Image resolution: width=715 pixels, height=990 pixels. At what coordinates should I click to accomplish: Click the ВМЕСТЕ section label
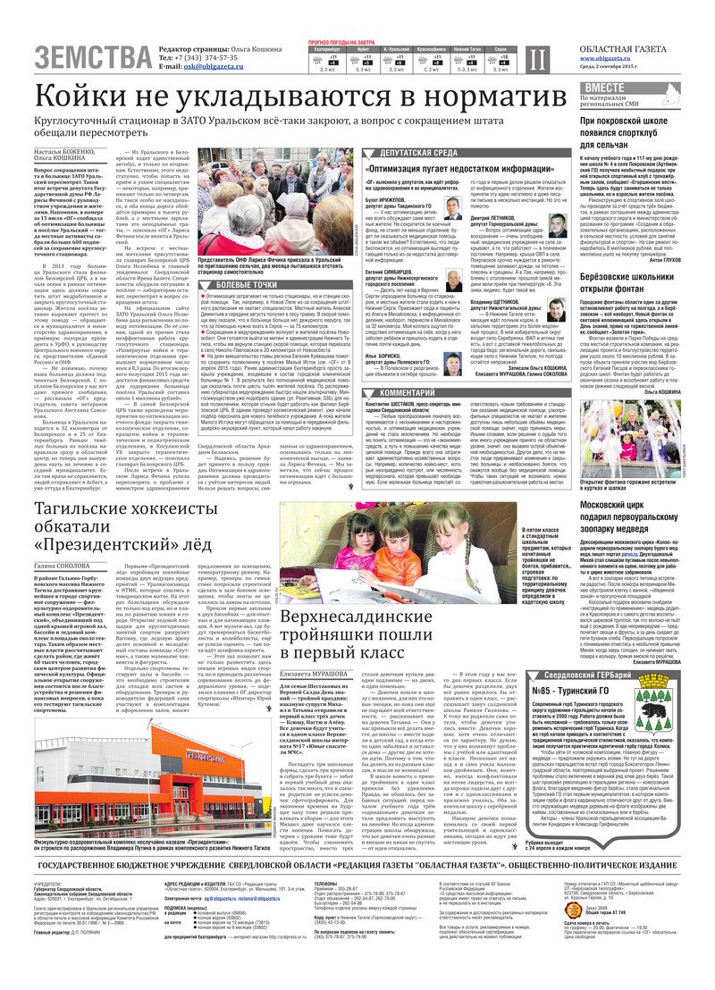point(605,87)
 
